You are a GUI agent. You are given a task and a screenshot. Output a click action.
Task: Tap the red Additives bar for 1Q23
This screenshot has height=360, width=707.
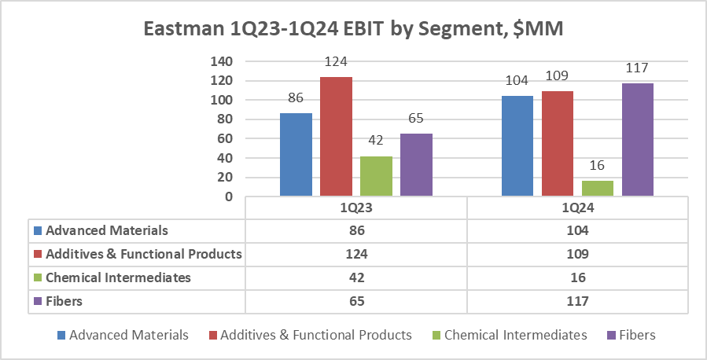[336, 137]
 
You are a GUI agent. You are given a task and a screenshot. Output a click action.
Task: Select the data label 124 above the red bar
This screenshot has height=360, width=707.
[336, 61]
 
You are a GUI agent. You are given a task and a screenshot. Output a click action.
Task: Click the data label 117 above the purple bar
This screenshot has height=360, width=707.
[637, 68]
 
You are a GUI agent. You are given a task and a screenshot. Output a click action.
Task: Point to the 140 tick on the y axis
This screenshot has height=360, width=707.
[224, 61]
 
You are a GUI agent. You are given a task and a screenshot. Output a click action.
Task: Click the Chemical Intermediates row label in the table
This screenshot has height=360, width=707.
[118, 277]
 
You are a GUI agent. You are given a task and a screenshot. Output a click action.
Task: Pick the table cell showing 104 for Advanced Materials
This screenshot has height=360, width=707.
[579, 231]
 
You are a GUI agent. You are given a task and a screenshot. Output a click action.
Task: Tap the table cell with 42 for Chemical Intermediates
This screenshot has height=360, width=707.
[356, 277]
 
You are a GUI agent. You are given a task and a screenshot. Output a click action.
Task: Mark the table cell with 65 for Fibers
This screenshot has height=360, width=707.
[356, 300]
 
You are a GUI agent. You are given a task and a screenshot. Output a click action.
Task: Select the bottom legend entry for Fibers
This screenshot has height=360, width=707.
[637, 335]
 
